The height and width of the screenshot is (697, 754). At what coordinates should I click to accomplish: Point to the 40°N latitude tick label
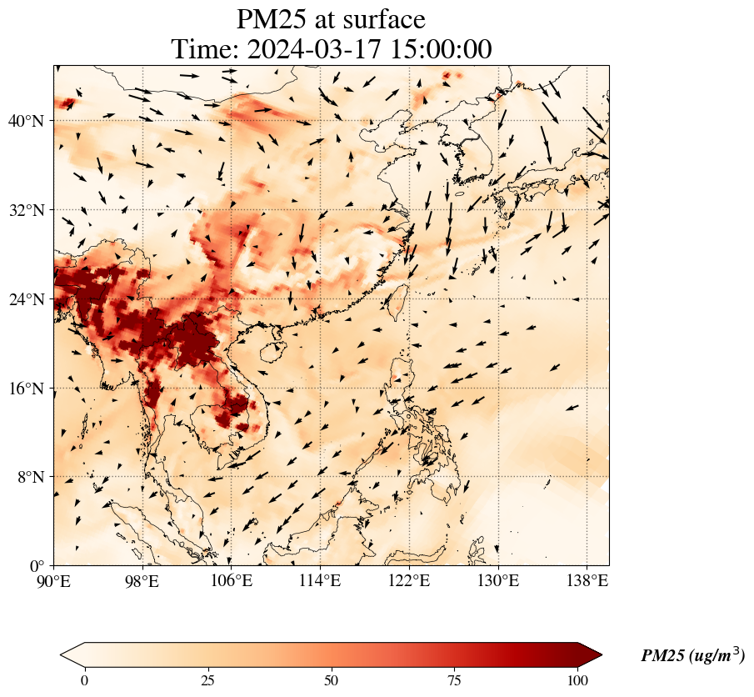coord(26,121)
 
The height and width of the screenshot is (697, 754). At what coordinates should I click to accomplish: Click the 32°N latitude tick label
coord(26,210)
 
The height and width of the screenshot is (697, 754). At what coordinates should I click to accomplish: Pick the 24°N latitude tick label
coord(26,299)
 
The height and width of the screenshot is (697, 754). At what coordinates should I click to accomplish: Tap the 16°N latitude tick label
coord(26,389)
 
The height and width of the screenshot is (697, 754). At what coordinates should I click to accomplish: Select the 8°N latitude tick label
coord(30,477)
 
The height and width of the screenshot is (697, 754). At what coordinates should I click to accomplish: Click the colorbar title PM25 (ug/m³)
coord(692,656)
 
